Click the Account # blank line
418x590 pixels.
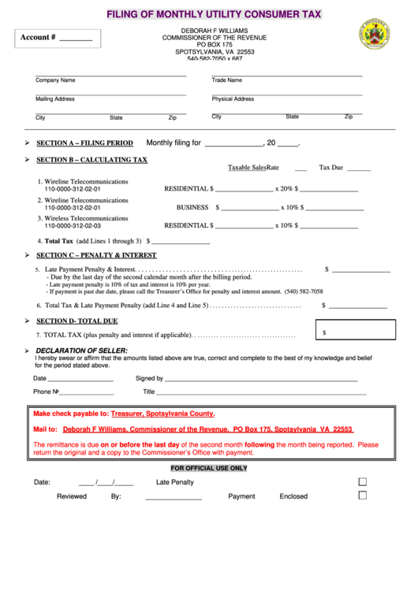[x=76, y=39]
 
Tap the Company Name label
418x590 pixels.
[x=55, y=80]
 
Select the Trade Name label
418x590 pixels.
[x=227, y=80]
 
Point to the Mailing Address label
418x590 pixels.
[x=55, y=99]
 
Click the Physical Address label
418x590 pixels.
[x=233, y=99]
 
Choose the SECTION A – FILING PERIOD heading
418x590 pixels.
[x=85, y=143]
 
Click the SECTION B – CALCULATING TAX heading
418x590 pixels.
[x=91, y=160]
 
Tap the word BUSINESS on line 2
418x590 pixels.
[x=192, y=207]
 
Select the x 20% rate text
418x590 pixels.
[x=284, y=189]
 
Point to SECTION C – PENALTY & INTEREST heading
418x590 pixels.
[x=96, y=255]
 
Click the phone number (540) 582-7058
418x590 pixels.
[x=304, y=291]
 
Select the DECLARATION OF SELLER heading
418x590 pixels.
[x=81, y=350]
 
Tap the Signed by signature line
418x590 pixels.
[x=260, y=379]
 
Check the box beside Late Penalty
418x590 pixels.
[x=363, y=481]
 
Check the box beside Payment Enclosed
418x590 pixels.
[x=363, y=495]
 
